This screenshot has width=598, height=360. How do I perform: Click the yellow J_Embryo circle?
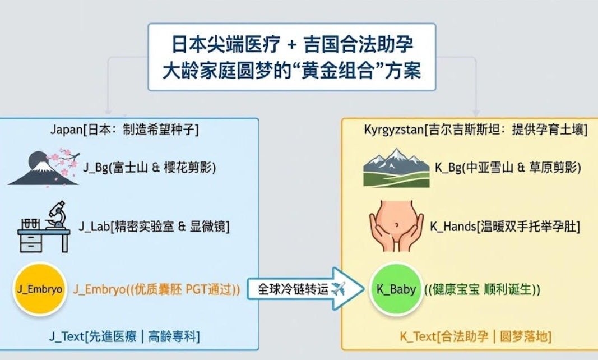point(40,289)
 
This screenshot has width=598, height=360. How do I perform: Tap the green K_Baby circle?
point(396,289)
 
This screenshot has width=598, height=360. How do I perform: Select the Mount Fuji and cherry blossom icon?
point(44,168)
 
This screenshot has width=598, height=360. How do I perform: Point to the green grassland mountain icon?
point(396,168)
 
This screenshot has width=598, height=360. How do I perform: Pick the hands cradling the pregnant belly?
point(396,227)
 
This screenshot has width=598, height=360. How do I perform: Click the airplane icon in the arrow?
point(339,289)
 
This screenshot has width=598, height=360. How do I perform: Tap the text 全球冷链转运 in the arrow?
point(293,289)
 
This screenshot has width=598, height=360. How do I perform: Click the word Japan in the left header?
point(66,130)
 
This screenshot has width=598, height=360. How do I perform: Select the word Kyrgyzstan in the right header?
point(393,130)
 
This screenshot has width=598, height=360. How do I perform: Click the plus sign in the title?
point(292,45)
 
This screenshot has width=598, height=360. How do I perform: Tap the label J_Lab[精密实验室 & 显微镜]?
point(154,227)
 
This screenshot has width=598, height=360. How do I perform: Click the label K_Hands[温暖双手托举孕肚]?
point(505,227)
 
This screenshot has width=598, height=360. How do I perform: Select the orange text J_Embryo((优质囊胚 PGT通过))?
point(156,289)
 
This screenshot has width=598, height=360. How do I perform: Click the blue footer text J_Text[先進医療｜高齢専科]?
point(124,336)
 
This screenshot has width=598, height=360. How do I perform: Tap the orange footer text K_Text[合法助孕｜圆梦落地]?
point(476,336)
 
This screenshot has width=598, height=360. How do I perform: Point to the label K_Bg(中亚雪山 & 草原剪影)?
point(508,168)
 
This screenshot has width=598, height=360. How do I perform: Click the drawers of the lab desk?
point(31,243)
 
